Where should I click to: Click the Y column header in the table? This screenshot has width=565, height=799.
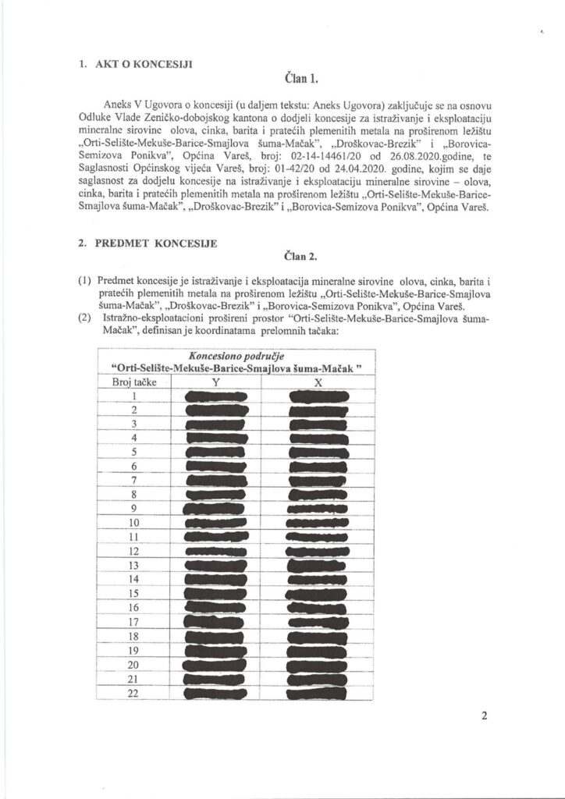pos(215,382)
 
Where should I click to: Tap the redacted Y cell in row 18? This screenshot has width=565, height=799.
pos(216,637)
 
